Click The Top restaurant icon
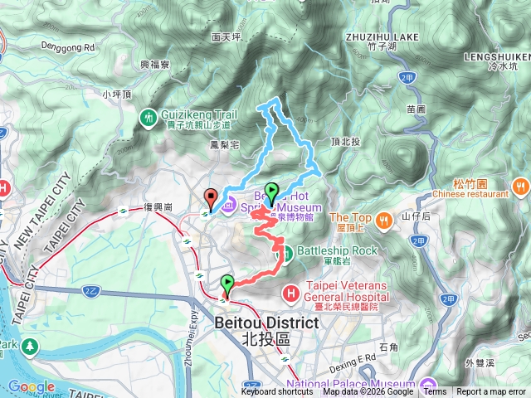384,221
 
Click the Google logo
32,386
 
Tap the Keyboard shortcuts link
277,392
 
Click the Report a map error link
491,392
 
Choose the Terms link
435,392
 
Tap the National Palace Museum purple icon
427,384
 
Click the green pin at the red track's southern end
228,284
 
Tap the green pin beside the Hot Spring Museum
270,192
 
